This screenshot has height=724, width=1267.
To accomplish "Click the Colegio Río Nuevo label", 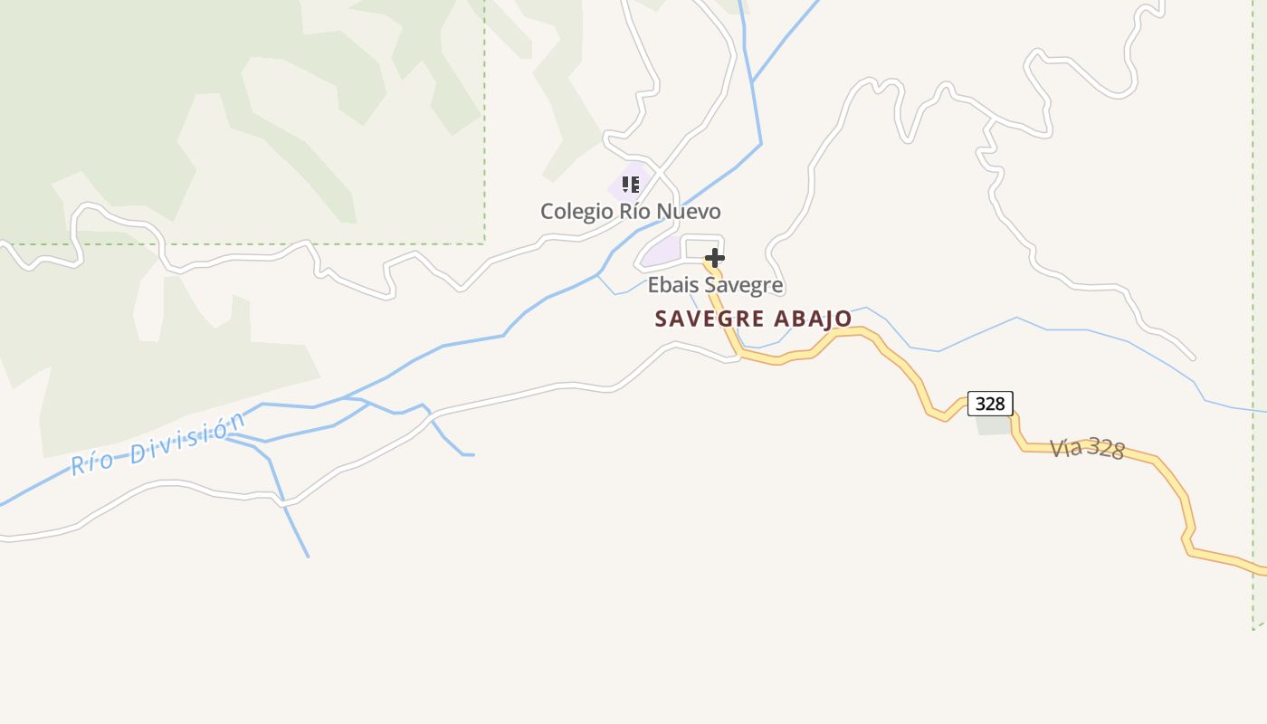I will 631,212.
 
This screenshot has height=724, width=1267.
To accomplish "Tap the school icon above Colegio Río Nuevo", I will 631,185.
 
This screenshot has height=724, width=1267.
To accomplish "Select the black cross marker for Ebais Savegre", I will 715,258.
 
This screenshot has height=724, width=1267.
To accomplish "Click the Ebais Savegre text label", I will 715,286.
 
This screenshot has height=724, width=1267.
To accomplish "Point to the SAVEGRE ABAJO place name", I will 753,319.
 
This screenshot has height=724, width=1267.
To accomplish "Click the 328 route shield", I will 990,404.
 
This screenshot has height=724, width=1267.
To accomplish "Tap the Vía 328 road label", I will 1087,448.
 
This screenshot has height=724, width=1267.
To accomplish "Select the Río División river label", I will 158,444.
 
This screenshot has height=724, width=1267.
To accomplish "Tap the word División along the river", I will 187,436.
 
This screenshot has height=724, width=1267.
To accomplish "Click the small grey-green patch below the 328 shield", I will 994,425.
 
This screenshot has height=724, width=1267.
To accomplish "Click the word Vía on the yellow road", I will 1065,446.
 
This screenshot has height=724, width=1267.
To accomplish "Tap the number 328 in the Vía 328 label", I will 1105,450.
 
